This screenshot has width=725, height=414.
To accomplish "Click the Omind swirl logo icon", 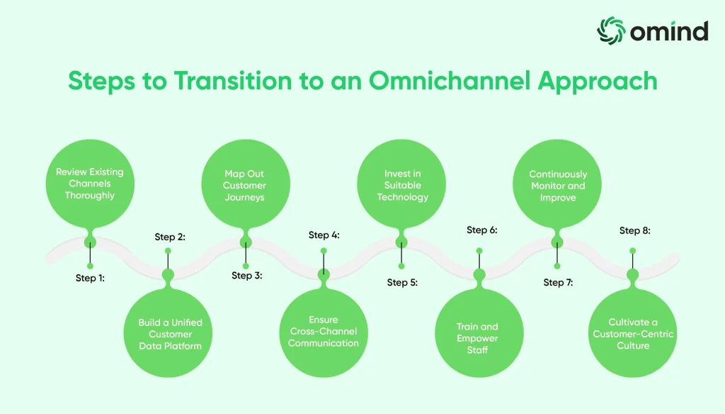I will (x=611, y=30).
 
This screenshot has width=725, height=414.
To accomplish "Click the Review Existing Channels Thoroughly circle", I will (x=89, y=184).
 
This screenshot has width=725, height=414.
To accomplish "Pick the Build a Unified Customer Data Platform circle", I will (x=170, y=334).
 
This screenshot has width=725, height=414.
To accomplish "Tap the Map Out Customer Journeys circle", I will (x=244, y=185).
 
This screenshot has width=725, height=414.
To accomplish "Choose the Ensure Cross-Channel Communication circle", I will (x=324, y=332).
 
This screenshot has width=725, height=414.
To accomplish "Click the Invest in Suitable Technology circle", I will (x=402, y=185).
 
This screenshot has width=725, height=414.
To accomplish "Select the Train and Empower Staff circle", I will (x=477, y=338).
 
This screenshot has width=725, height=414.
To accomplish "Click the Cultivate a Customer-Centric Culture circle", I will (x=633, y=334).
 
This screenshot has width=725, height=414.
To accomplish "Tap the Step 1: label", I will (x=90, y=279).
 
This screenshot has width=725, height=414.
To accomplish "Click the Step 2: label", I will (x=170, y=237).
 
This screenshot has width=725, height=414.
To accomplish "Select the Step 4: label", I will (x=324, y=235).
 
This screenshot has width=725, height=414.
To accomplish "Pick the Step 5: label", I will (x=402, y=282).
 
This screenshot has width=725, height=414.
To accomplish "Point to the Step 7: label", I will (x=558, y=282).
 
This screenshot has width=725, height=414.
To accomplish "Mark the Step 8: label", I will (x=634, y=230).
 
